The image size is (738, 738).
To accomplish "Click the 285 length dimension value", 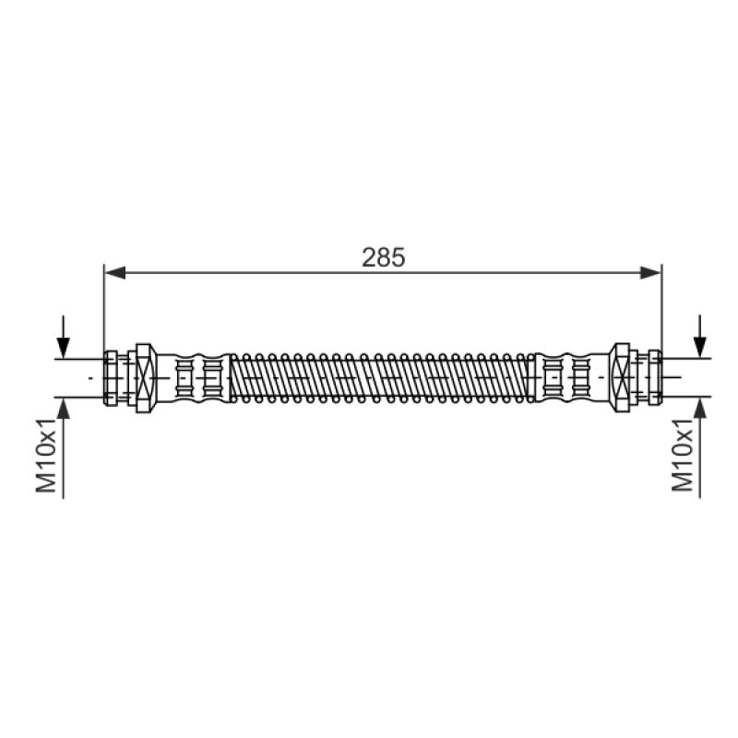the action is point(383,257).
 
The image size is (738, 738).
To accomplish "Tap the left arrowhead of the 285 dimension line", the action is point(114,272).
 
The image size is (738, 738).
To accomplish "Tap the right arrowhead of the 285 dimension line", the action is point(651,272).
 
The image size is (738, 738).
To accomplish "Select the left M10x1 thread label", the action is point(46,455).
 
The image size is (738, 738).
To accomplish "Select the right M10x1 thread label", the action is point(683,455).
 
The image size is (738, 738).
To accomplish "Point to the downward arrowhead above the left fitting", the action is point(63,348).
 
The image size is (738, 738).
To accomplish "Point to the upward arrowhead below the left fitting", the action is point(63,408).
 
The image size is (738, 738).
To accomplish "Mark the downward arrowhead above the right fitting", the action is point(700,348).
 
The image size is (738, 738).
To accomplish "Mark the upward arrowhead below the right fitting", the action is point(700,408).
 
